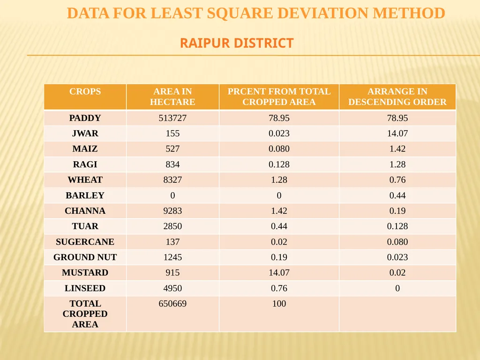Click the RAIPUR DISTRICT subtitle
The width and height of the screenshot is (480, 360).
[x=237, y=43]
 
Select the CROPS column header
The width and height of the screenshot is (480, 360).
[x=85, y=91]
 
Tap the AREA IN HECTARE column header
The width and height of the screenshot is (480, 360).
[x=172, y=97]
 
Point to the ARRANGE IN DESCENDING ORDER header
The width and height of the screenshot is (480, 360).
[x=397, y=97]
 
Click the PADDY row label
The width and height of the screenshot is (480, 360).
[x=85, y=118]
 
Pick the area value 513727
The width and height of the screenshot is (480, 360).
[x=172, y=118]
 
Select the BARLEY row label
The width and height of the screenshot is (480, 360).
[x=85, y=195]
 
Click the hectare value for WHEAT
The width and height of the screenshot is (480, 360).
[x=172, y=180]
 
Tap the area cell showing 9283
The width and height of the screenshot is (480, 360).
[x=172, y=210]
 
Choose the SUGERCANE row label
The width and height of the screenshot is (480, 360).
[x=85, y=241]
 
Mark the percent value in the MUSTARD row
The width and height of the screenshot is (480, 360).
[x=279, y=272]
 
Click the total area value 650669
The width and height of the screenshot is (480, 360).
[x=172, y=303]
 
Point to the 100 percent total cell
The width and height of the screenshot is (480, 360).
[x=279, y=303]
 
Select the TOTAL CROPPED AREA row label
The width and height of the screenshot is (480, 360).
[x=85, y=314]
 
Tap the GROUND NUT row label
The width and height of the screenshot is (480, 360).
[x=85, y=257]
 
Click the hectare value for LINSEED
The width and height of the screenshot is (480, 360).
[x=172, y=288]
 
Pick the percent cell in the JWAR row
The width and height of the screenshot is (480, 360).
[x=279, y=134]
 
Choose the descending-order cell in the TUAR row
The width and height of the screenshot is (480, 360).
[x=397, y=226]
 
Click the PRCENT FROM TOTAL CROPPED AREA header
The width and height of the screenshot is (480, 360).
[x=279, y=97]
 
